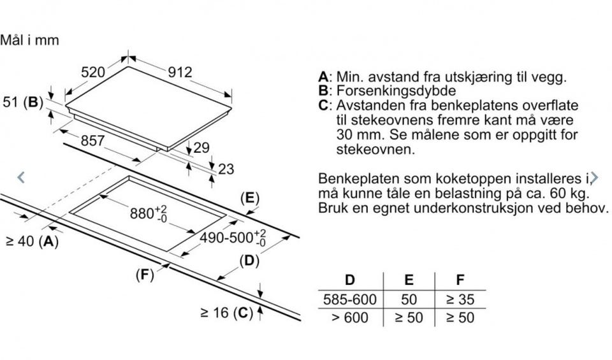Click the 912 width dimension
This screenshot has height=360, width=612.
tap(180, 72)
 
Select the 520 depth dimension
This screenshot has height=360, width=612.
tap(93, 72)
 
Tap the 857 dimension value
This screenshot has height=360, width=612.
tap(92, 140)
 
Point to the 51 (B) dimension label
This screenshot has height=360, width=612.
tap(23, 102)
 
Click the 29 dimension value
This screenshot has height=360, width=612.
tap(201, 147)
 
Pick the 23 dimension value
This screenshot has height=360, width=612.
tap(226, 169)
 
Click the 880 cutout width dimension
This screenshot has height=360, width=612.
tap(149, 213)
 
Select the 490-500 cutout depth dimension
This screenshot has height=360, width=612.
tap(233, 238)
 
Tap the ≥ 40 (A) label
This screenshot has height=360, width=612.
tap(33, 241)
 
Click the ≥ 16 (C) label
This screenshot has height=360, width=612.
tap(226, 313)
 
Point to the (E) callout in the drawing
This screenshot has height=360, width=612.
tap(250, 198)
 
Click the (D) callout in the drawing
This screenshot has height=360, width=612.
tap(249, 261)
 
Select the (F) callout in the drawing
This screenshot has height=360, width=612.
tap(145, 275)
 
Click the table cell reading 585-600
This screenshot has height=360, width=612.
tap(350, 299)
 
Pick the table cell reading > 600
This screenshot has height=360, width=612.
tap(350, 317)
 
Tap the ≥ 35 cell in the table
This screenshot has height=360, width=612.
tap(460, 299)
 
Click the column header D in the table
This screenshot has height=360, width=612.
tap(350, 280)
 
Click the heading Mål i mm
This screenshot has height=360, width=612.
tap(29, 40)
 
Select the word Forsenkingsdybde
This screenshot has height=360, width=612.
tap(396, 90)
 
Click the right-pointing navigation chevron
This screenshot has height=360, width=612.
tap(594, 178)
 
